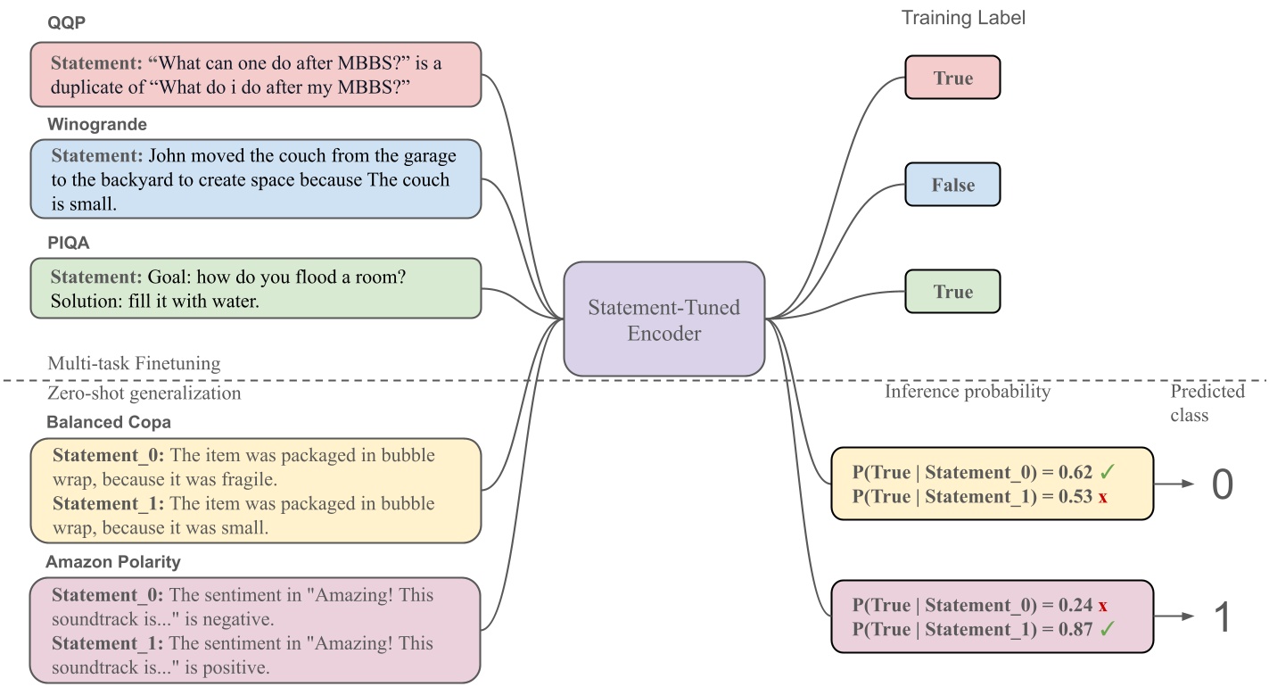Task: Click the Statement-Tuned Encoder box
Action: tap(663, 319)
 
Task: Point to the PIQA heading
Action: tap(69, 243)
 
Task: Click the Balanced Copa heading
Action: tap(108, 422)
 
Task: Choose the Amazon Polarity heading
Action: tap(113, 562)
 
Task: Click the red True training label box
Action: tap(952, 78)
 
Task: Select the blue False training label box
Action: tap(952, 185)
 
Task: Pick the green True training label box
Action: tap(952, 292)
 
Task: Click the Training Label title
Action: tap(963, 18)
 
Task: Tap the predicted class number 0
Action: tap(1222, 484)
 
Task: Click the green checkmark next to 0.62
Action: tap(1108, 472)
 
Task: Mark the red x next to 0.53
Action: tap(1103, 497)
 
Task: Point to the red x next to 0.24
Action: tap(1103, 605)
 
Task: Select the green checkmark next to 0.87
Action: tap(1108, 629)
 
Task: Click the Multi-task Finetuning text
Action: tap(134, 363)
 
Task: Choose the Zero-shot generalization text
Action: tap(144, 393)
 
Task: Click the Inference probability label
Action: tap(968, 391)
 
